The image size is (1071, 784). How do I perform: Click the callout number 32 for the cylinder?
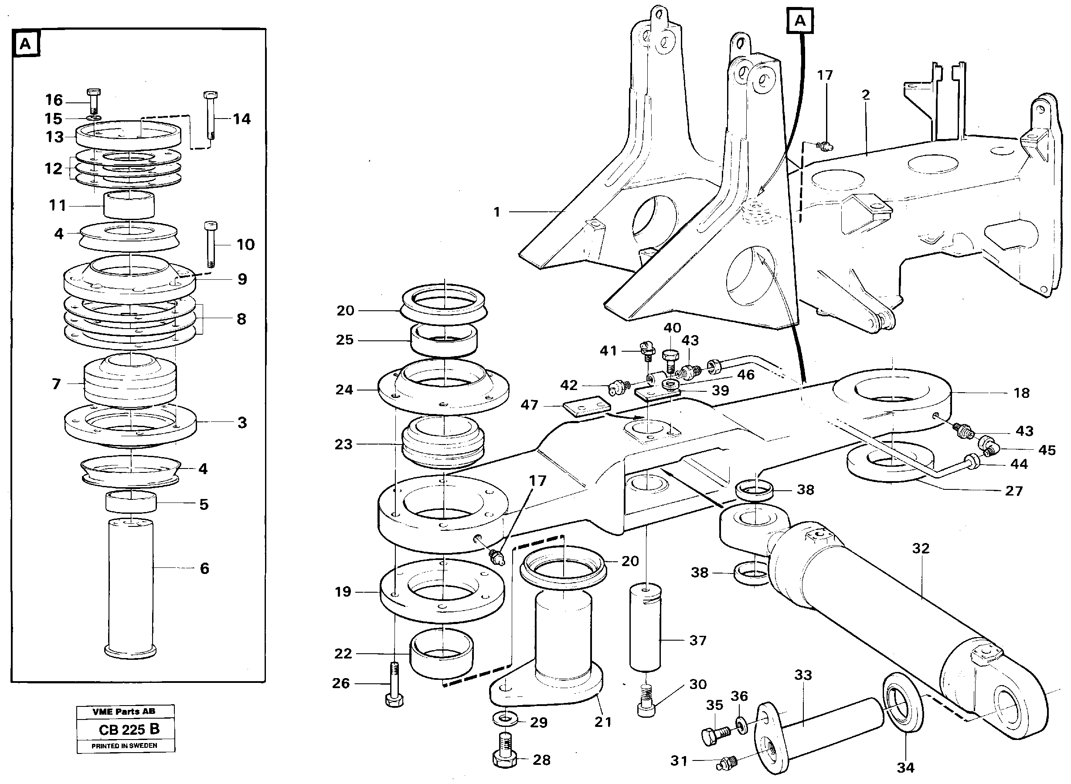[921, 549]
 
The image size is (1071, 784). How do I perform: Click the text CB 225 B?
[129, 730]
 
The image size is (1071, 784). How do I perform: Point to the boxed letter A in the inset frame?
[25, 44]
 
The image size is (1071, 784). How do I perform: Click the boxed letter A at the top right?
[800, 21]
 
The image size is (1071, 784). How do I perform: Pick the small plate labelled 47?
[586, 408]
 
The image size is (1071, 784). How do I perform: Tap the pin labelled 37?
[645, 629]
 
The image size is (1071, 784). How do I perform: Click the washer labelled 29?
[507, 719]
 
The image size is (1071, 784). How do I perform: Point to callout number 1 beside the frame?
[496, 212]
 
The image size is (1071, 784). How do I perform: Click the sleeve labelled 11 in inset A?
[129, 205]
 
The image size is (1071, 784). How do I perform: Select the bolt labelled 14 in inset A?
[210, 115]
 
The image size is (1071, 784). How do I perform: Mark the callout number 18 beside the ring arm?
[1022, 393]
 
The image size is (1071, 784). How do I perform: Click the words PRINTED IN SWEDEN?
[124, 746]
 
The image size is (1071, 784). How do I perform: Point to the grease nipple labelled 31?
[728, 762]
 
